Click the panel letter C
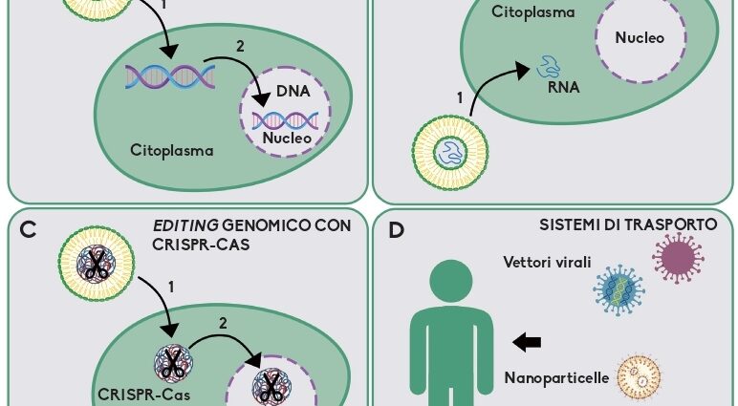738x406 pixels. point(27,230)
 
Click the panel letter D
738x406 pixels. point(398,230)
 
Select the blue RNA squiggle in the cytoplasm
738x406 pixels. point(552,65)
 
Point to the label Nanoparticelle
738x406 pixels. point(556,377)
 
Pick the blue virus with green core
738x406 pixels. point(615,290)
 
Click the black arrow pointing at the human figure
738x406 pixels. point(526,342)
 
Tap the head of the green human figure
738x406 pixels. point(452,286)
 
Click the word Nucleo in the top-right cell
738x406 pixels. point(640,38)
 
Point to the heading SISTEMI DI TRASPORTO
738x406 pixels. point(629,225)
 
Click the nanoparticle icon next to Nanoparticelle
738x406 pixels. point(640,377)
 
